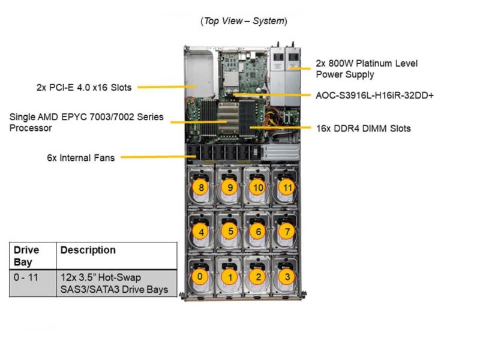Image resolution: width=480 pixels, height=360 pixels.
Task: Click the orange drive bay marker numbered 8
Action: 201,187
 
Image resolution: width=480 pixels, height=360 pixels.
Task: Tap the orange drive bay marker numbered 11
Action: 287,187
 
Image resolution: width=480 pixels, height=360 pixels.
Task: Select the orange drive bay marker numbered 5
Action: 229,230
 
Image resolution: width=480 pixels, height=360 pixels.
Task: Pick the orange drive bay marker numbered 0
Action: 199,277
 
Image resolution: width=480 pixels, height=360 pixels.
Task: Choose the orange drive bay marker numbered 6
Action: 259,231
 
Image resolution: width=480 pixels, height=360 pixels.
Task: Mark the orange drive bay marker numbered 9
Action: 229,187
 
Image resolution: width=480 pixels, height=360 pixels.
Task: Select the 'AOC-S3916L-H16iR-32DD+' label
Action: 373,95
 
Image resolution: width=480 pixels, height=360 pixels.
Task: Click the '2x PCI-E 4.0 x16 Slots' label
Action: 83,87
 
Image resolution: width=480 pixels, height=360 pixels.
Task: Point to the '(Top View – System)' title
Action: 244,21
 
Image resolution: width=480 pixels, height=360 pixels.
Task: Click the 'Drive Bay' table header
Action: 26,256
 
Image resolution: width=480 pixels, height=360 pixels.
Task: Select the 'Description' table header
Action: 88,250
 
